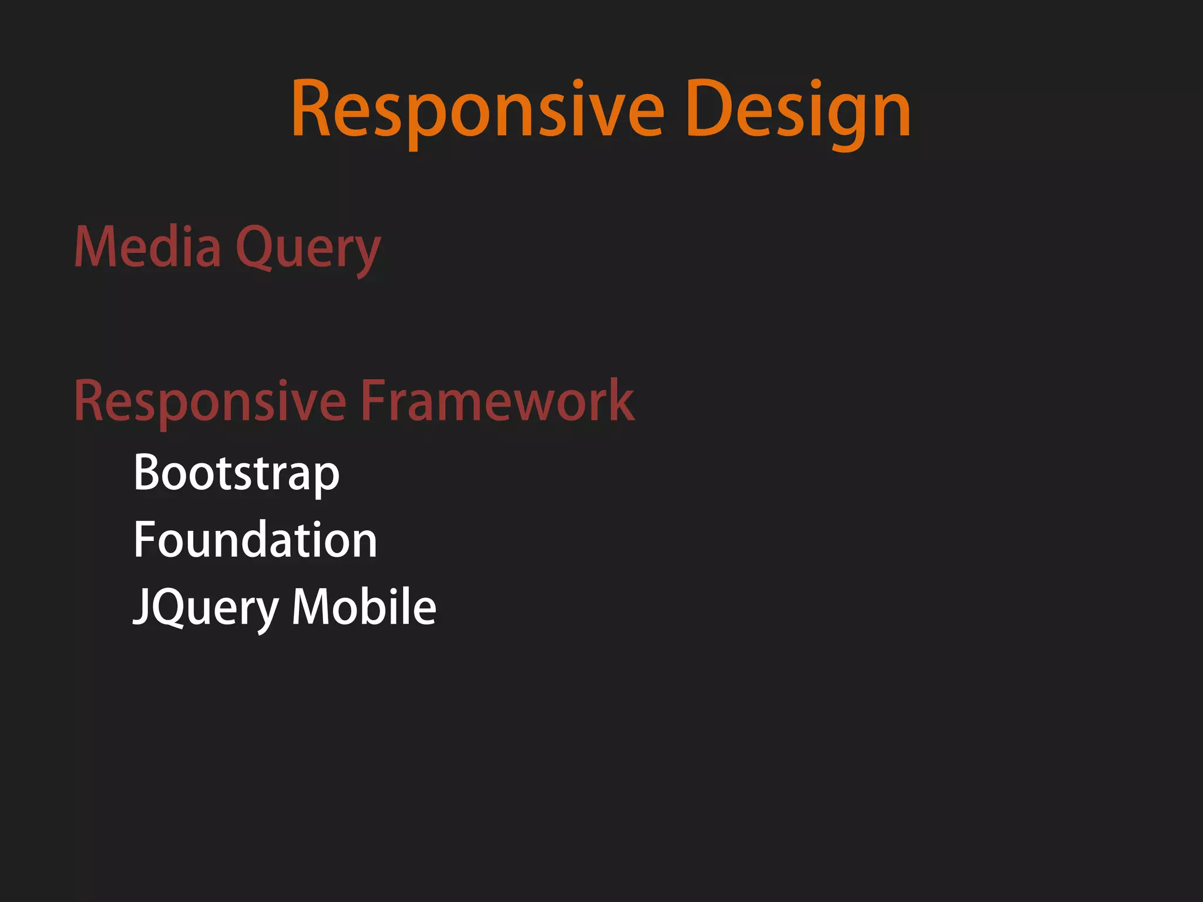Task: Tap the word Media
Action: [147, 247]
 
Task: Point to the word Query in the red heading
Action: [308, 250]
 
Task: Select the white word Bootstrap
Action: [236, 473]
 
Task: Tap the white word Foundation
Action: [255, 540]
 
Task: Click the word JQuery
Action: [206, 608]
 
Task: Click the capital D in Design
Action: [707, 110]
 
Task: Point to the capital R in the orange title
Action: [311, 110]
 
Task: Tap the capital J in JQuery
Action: [141, 607]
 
